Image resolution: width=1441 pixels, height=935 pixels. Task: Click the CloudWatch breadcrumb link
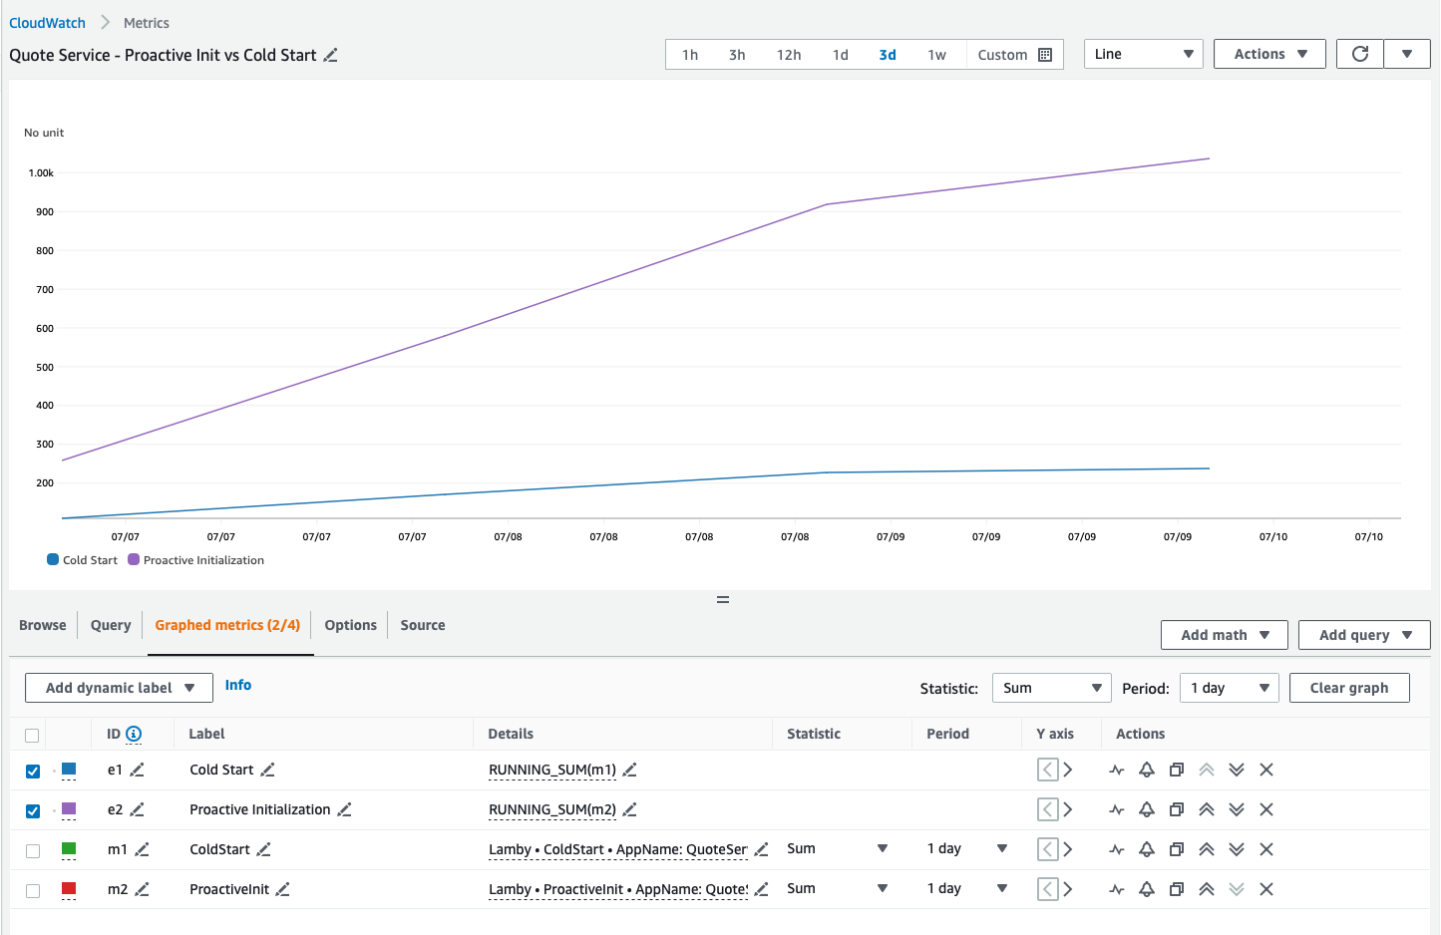pos(47,23)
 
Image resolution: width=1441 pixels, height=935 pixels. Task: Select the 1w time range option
pos(936,55)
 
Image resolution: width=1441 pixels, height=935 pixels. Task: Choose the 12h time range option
pos(789,55)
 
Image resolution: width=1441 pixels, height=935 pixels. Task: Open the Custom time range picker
pos(1014,55)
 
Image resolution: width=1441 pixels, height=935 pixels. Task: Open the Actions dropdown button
pos(1269,54)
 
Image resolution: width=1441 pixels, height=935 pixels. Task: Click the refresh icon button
pos(1359,54)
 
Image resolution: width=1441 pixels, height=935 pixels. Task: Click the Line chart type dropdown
pos(1143,54)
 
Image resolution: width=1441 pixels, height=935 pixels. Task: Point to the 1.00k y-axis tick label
pos(41,173)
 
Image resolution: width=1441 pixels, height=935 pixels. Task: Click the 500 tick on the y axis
pos(45,367)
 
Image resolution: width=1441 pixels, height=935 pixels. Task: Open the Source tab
pos(423,625)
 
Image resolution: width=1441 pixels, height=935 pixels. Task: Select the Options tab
pos(350,625)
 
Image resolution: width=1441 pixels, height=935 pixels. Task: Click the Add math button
pos(1224,635)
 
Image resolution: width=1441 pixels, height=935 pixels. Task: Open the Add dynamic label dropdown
pos(119,688)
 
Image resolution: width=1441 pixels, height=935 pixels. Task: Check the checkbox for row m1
pos(33,850)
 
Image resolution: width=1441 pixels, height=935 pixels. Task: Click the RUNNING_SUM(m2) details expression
pos(552,809)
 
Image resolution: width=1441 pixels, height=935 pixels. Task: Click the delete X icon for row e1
pos(1266,770)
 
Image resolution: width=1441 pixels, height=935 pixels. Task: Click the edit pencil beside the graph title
pos(331,56)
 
